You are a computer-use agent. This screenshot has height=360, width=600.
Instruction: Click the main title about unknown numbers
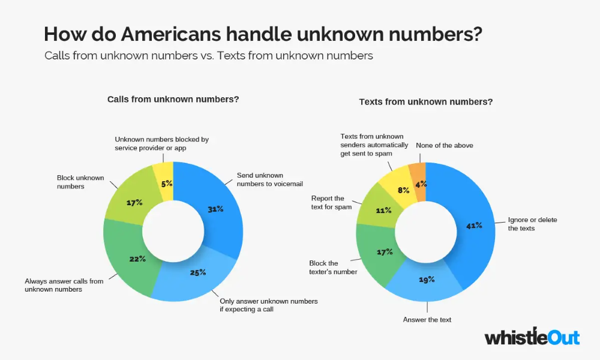point(263,34)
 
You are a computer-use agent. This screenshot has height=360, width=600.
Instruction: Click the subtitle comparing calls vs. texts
point(209,56)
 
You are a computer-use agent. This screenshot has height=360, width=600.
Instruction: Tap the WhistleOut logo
point(532,337)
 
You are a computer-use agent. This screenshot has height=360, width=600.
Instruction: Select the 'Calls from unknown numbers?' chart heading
point(173,99)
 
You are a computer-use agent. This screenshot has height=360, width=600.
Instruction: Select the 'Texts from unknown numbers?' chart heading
point(426,101)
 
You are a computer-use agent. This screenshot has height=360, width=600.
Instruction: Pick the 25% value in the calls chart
point(197,272)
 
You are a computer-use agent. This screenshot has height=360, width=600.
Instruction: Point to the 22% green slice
point(137,259)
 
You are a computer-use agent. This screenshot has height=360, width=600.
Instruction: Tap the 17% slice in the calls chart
point(134,202)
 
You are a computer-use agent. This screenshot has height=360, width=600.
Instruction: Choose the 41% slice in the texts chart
point(474,226)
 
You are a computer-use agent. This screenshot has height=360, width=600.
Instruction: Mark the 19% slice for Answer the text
point(427,280)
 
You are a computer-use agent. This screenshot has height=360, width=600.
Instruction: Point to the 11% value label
point(383,210)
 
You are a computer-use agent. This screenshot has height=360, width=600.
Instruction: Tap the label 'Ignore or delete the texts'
point(532,224)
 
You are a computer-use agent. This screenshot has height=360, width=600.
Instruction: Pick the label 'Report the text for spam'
point(328,202)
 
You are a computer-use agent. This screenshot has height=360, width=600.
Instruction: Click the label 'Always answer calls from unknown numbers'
point(64,285)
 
